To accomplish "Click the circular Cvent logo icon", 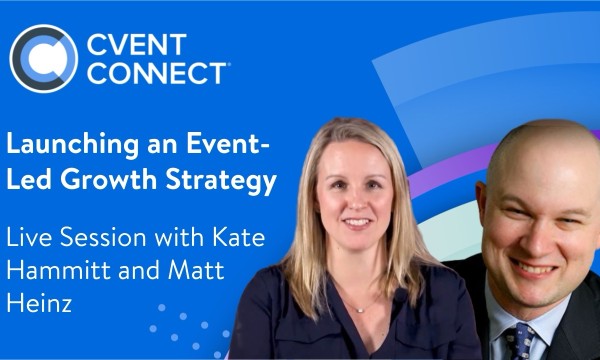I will pos(43,58).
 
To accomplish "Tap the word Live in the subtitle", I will pos(30,240).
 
